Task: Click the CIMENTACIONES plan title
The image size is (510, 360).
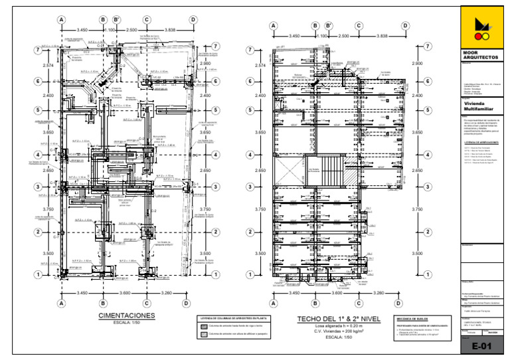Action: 126,316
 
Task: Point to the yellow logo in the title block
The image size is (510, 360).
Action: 481,27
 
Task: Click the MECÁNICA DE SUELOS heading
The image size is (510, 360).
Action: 410,319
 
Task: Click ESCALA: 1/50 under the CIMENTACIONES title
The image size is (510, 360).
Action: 126,323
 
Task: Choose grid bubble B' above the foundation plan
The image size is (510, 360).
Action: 117,21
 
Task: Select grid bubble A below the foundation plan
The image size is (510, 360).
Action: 62,303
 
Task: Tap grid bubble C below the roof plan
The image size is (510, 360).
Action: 359,303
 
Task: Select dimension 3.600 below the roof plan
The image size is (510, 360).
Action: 337,293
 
